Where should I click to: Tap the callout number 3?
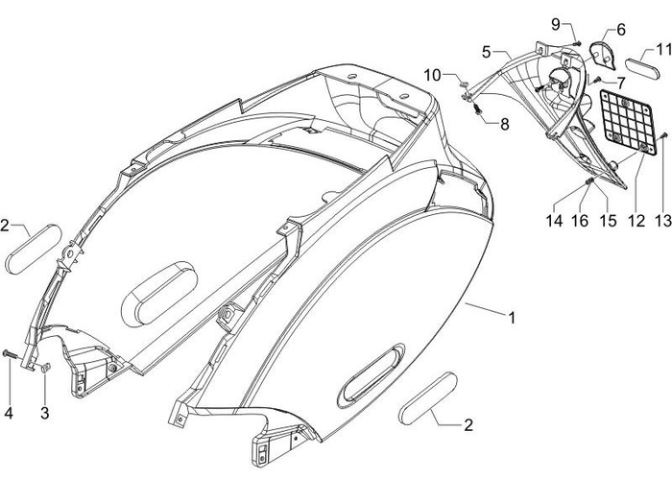[44, 413]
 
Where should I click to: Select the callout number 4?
[9, 414]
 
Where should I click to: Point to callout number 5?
[487, 50]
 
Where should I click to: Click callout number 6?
[620, 30]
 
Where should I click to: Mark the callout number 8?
[505, 123]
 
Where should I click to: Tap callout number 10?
[433, 75]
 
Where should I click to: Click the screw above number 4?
[9, 355]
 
